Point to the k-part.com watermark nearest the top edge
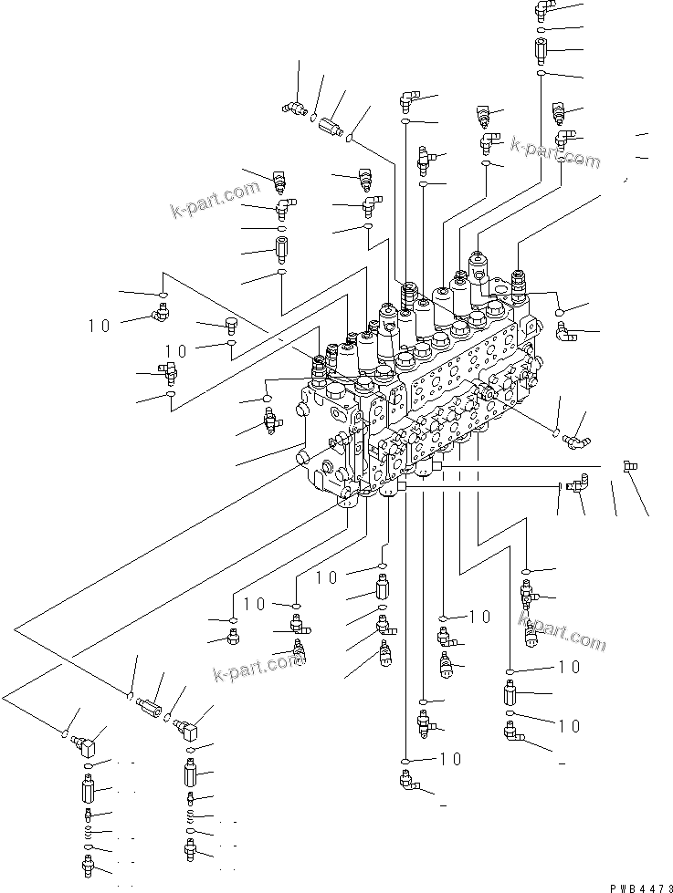555,152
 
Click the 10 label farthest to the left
100,323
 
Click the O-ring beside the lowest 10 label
405,759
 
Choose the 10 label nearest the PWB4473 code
570,726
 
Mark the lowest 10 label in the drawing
449,758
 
